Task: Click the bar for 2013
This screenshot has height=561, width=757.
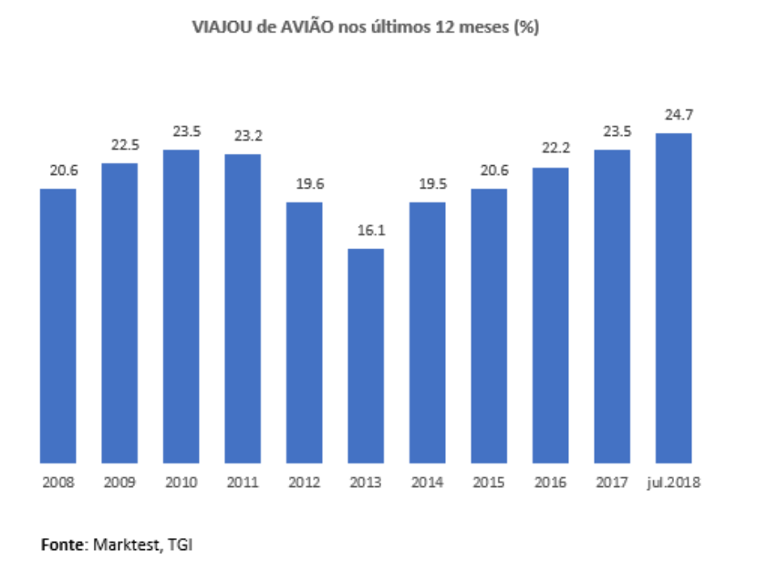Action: coord(366,356)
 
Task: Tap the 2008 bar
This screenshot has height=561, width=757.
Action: coord(57,326)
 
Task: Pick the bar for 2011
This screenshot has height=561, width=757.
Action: coord(243,308)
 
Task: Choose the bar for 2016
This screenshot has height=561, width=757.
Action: coord(550,315)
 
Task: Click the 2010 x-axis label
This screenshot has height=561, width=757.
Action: coord(181,481)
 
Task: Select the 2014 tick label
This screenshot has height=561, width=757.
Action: coord(427,481)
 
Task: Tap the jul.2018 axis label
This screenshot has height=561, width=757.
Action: coord(673,481)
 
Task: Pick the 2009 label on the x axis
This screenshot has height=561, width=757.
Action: coord(119,481)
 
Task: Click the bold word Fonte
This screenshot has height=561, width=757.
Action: coord(63,545)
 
